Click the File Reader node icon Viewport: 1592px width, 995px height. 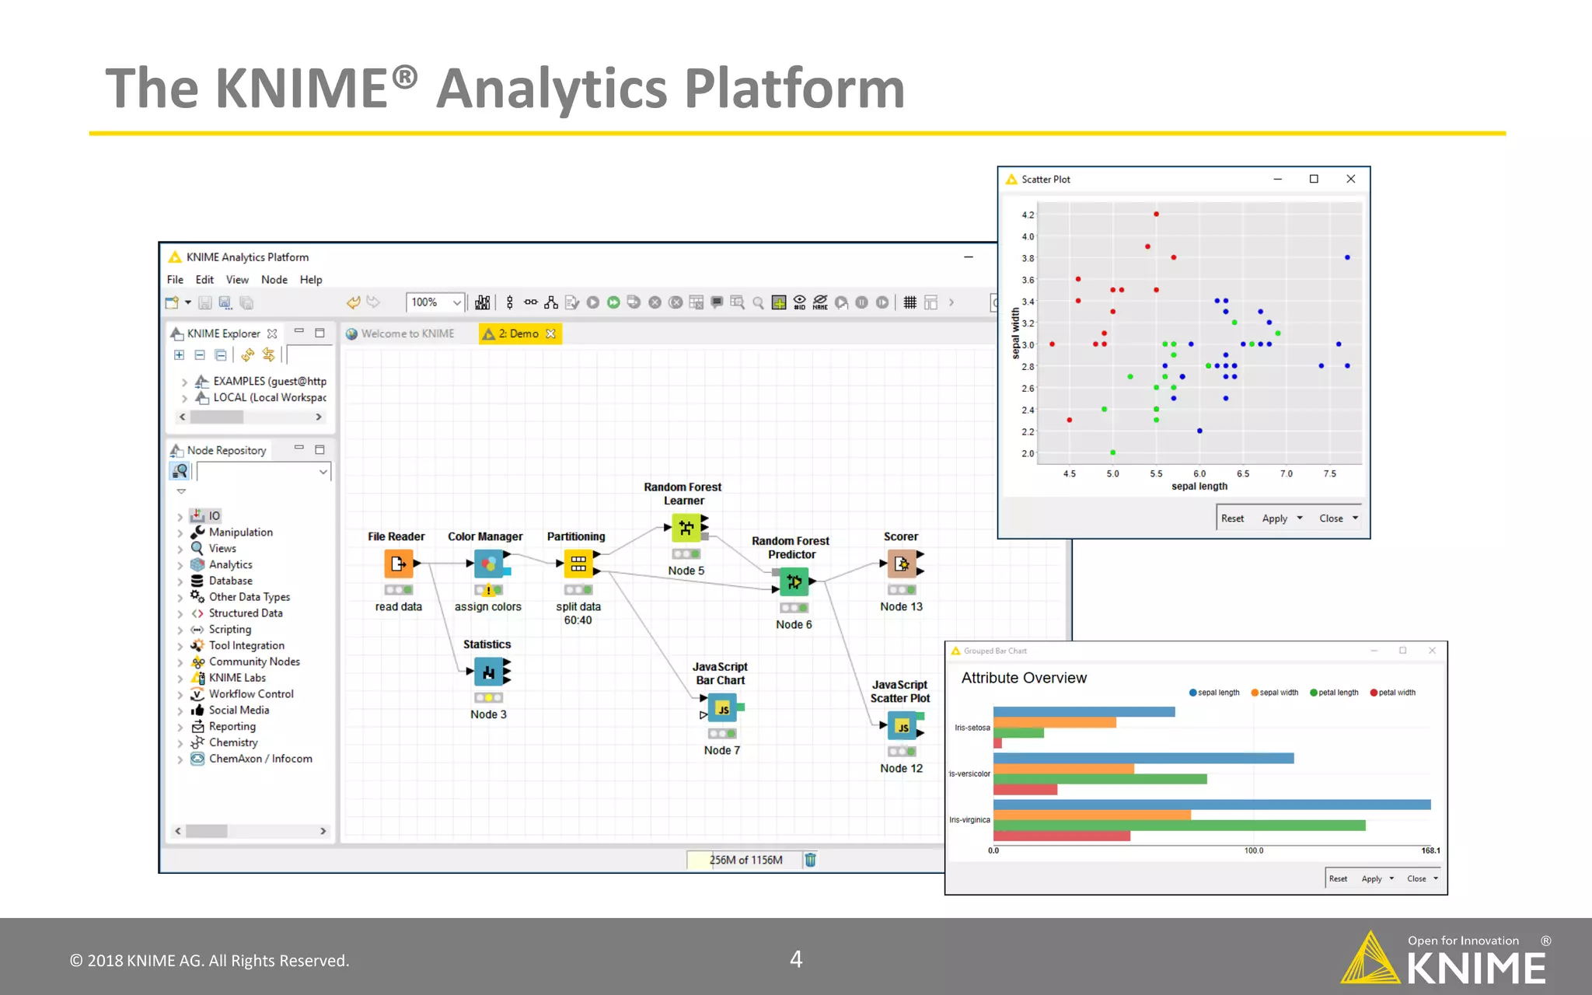[398, 564]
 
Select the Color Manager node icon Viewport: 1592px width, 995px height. [488, 564]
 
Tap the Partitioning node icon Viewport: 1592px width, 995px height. [578, 564]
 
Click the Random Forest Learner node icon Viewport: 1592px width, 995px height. [686, 529]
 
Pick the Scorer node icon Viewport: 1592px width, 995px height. [902, 564]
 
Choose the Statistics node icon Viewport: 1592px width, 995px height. [488, 672]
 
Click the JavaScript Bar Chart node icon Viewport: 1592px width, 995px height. [722, 708]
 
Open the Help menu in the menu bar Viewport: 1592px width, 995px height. [311, 280]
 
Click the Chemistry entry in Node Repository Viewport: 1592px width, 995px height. [232, 742]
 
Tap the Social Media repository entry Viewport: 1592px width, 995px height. [239, 710]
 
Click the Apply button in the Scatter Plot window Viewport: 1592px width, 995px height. [1274, 518]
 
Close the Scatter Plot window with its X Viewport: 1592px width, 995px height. [1351, 179]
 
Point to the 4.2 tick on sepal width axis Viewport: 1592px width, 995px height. [1028, 215]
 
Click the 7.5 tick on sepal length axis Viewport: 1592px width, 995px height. [1330, 473]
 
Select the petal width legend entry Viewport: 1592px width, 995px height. [1396, 693]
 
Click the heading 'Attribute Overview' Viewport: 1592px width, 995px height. [1024, 678]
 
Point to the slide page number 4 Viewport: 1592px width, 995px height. [796, 959]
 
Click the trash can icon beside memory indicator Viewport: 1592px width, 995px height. [810, 860]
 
